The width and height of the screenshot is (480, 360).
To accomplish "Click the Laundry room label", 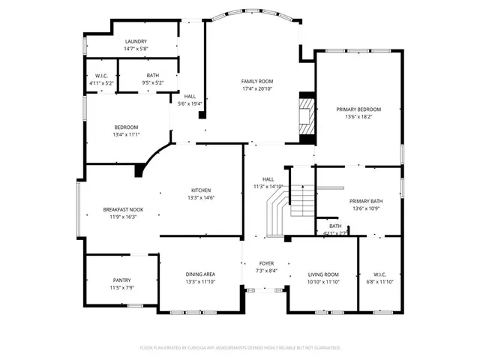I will coord(136,42).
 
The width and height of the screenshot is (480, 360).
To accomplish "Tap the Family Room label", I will coord(256,81).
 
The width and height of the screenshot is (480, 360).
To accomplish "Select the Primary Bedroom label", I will coord(358,109).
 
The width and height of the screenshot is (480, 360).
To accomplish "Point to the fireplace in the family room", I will coord(306,116).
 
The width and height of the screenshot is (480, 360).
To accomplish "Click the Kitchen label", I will coord(200,190).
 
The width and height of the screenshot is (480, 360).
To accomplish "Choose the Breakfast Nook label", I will coord(123,210).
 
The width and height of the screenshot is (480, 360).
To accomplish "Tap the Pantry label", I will coord(121,280).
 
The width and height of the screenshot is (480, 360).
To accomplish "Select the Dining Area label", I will coord(200,274).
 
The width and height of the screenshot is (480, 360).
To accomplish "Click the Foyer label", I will coord(266,263).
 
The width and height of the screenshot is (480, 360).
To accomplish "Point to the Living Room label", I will coord(324,274).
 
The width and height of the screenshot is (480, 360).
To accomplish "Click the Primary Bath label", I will coord(366,201).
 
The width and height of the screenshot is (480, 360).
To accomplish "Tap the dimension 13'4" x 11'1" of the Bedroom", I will coord(126,135).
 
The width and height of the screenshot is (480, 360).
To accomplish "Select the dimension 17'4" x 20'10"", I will coord(256,88).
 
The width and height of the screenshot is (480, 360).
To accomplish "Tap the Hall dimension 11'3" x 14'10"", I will coord(267,187).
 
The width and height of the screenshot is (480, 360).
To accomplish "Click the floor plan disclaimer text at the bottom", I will coord(240,349).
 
